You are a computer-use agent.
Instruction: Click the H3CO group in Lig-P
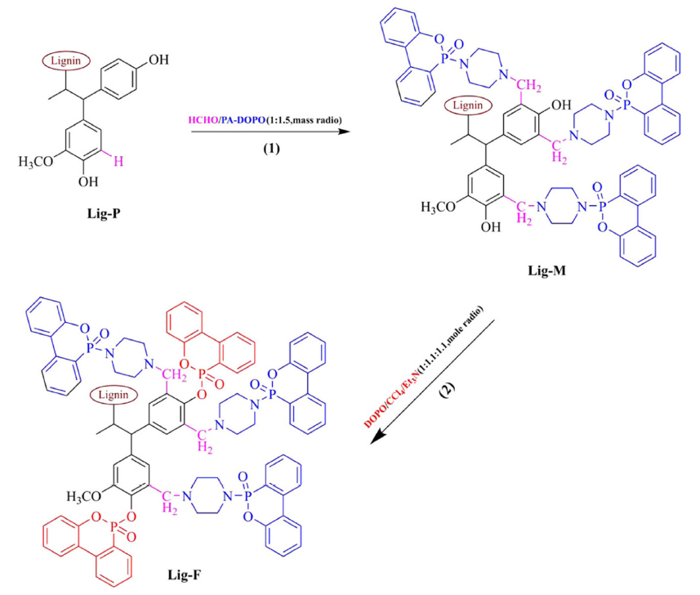pos(33,162)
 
